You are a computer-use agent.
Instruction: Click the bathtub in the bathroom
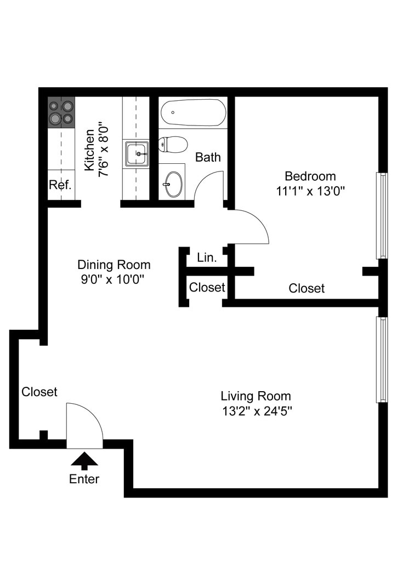point(194,112)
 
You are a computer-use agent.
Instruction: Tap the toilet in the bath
point(173,145)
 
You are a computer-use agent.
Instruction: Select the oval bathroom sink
point(173,184)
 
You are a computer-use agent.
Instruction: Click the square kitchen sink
point(137,154)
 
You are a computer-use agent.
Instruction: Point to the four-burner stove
point(61,112)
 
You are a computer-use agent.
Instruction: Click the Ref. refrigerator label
point(60,185)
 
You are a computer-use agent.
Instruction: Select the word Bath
point(208,157)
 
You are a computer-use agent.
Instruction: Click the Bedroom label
point(310,176)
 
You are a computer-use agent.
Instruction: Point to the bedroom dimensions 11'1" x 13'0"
point(310,191)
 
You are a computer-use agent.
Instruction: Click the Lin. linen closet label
point(207,257)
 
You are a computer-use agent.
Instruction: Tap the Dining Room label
point(114,265)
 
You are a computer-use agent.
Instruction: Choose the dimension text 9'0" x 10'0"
point(113,279)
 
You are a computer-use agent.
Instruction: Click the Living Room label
point(256,396)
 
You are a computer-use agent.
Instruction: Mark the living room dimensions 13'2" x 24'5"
point(257,411)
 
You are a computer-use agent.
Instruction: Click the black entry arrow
point(84,461)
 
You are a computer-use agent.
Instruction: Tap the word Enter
point(84,479)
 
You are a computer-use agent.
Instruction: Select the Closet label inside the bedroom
point(307,288)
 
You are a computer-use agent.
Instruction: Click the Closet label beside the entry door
point(39,392)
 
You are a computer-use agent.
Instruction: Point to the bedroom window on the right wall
point(382,216)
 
